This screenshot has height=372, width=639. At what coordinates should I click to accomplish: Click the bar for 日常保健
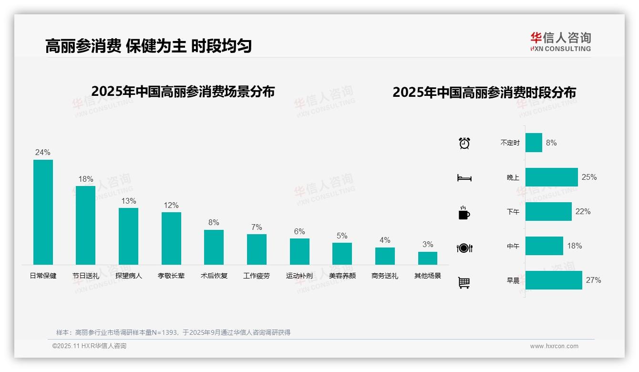[x=43, y=212]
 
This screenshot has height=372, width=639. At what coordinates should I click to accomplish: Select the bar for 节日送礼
[x=86, y=225]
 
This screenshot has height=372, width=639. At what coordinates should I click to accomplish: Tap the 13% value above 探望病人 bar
[x=128, y=201]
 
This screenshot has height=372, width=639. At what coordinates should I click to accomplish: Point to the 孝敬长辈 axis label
[x=171, y=276]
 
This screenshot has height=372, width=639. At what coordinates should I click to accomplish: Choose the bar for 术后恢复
[x=214, y=247]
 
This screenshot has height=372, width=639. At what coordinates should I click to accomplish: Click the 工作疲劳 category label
[x=257, y=276]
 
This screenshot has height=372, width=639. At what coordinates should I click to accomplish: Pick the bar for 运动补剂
[x=299, y=251]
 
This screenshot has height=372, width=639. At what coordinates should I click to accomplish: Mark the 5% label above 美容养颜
[x=342, y=236]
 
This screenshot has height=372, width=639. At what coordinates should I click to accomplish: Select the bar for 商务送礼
[x=385, y=256]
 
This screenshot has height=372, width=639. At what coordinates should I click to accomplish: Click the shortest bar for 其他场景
[x=428, y=258]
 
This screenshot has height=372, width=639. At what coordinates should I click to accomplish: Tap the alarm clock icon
[x=464, y=143]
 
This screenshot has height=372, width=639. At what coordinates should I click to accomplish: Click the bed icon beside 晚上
[x=464, y=178]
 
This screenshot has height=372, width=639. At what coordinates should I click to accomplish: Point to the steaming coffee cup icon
[x=464, y=213]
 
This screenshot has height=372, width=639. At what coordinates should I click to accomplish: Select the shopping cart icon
[x=464, y=282]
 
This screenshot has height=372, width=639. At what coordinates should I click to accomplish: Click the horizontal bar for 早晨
[x=554, y=280]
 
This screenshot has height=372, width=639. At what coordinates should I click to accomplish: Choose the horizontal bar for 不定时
[x=534, y=143]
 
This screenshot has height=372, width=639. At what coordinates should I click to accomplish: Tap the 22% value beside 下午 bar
[x=583, y=211]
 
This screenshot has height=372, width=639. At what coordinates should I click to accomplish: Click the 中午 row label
[x=513, y=246]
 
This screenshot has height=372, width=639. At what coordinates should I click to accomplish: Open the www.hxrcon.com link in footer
[x=554, y=346]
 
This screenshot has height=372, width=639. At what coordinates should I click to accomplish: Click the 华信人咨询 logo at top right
[x=560, y=41]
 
